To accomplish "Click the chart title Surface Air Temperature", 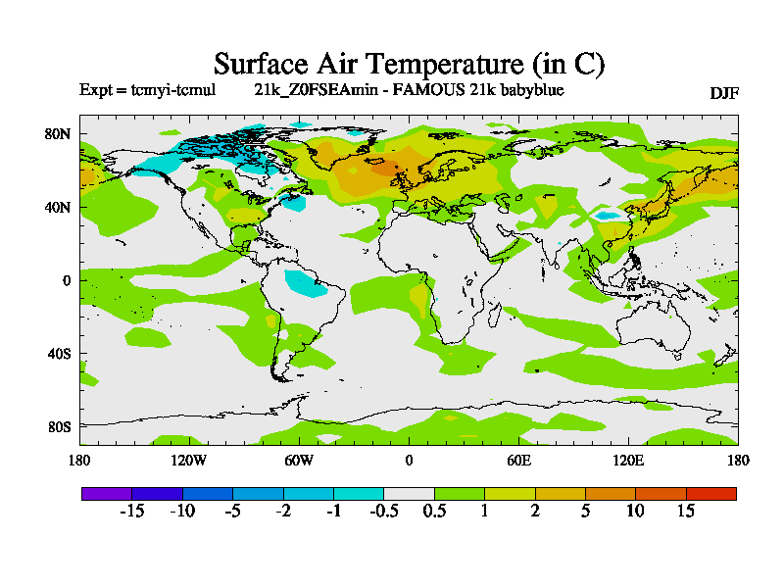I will [x=409, y=65].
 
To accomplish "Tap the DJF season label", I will [x=723, y=93].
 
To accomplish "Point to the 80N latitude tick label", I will [x=60, y=133].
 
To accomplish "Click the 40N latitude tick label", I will [x=60, y=207].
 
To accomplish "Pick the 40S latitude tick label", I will [x=60, y=353].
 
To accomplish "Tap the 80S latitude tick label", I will [x=60, y=426].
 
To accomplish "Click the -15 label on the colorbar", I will [x=131, y=513].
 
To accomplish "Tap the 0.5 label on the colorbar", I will [x=434, y=513].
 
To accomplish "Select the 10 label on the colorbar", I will [x=635, y=513].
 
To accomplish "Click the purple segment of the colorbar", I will [x=106, y=493].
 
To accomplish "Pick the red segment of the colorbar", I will [x=710, y=493].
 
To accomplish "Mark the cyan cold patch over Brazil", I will [x=307, y=284].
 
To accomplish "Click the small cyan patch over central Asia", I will [x=609, y=215].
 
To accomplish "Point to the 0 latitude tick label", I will [x=68, y=280].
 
